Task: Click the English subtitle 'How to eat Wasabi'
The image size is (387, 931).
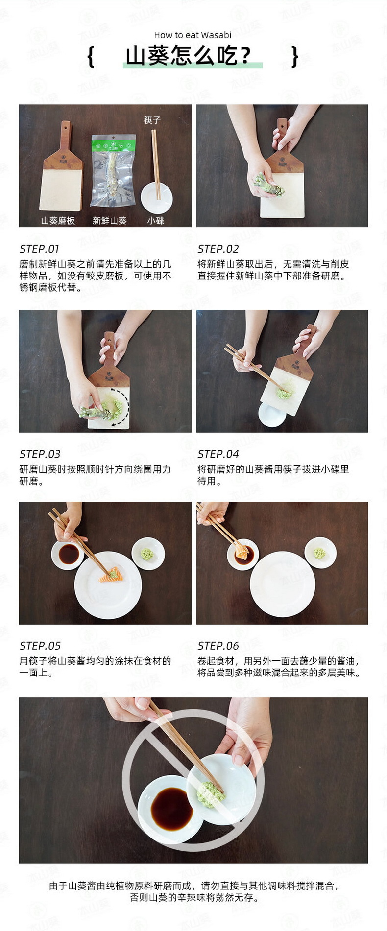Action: pyautogui.click(x=193, y=35)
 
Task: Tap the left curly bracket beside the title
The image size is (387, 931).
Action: pyautogui.click(x=91, y=57)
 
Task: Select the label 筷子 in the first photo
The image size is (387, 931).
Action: pyautogui.click(x=152, y=120)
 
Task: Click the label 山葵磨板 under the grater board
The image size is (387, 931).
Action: pyautogui.click(x=58, y=221)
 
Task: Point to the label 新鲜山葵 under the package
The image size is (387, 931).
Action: pyautogui.click(x=110, y=221)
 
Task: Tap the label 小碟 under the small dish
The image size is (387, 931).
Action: pyautogui.click(x=156, y=221)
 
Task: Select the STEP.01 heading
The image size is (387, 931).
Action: pyautogui.click(x=39, y=249)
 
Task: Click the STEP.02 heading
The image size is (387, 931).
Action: pyautogui.click(x=218, y=249)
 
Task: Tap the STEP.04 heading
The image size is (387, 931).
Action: pyautogui.click(x=218, y=454)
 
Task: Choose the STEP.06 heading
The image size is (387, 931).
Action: pyautogui.click(x=218, y=646)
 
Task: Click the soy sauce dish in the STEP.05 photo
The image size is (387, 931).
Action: pyautogui.click(x=68, y=555)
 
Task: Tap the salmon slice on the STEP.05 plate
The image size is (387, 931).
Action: pyautogui.click(x=112, y=575)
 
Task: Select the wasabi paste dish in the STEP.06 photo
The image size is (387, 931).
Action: pyautogui.click(x=320, y=553)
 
